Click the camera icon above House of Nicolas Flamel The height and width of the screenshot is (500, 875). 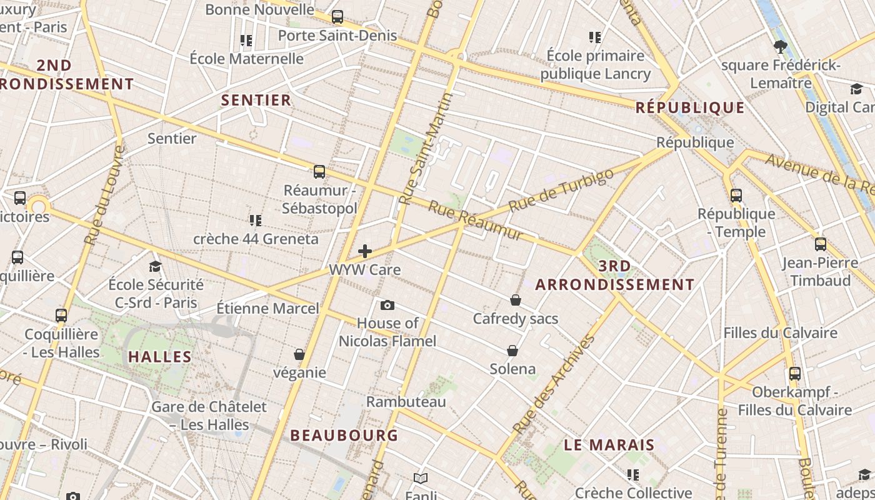point(387,305)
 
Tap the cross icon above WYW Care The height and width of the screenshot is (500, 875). point(365,251)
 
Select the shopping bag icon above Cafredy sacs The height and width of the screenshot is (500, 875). point(516,300)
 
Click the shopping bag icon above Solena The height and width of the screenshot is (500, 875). point(512,350)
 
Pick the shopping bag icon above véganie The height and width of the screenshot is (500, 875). point(299,354)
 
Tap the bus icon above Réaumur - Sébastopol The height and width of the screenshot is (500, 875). point(319,171)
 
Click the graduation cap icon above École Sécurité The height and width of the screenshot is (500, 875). point(155,267)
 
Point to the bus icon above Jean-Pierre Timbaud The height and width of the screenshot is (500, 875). point(821,244)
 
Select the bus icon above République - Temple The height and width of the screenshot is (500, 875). point(736,195)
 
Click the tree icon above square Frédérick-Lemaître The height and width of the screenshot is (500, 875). point(780,46)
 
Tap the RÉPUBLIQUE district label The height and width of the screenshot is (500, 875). point(690,107)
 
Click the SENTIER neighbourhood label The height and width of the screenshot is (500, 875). point(256,100)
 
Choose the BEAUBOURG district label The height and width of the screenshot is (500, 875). point(344,435)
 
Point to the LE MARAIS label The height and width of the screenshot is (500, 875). point(609,445)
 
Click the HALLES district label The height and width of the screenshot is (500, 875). point(160,357)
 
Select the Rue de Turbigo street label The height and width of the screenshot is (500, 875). point(561,190)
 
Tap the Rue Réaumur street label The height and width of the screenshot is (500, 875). point(475,221)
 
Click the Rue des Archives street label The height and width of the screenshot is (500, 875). point(554,384)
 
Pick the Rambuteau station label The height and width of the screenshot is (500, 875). point(406,401)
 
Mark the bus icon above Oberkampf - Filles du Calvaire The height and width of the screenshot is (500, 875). point(795,374)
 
